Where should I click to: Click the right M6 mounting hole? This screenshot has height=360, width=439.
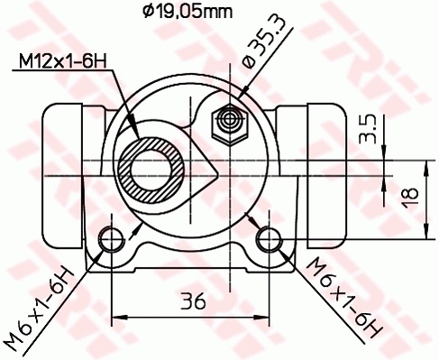(268, 239)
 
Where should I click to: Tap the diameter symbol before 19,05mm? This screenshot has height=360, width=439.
(150, 11)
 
